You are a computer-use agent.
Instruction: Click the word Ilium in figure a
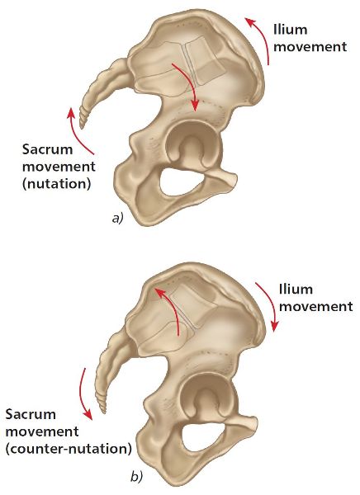[290, 30]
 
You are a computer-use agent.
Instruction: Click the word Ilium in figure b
[296, 290]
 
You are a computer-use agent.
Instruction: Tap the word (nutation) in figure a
[57, 183]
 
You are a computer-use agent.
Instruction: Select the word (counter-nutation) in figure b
[69, 448]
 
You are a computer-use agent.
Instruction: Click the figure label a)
[117, 218]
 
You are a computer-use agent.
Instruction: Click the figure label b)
[137, 478]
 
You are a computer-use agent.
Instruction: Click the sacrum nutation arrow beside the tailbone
[76, 133]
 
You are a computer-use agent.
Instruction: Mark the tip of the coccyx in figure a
[82, 128]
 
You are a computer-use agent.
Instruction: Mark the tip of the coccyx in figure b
[103, 412]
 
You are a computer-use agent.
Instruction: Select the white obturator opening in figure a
[181, 181]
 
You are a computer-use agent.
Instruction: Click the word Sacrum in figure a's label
[47, 149]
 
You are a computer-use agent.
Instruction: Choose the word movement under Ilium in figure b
[316, 307]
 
